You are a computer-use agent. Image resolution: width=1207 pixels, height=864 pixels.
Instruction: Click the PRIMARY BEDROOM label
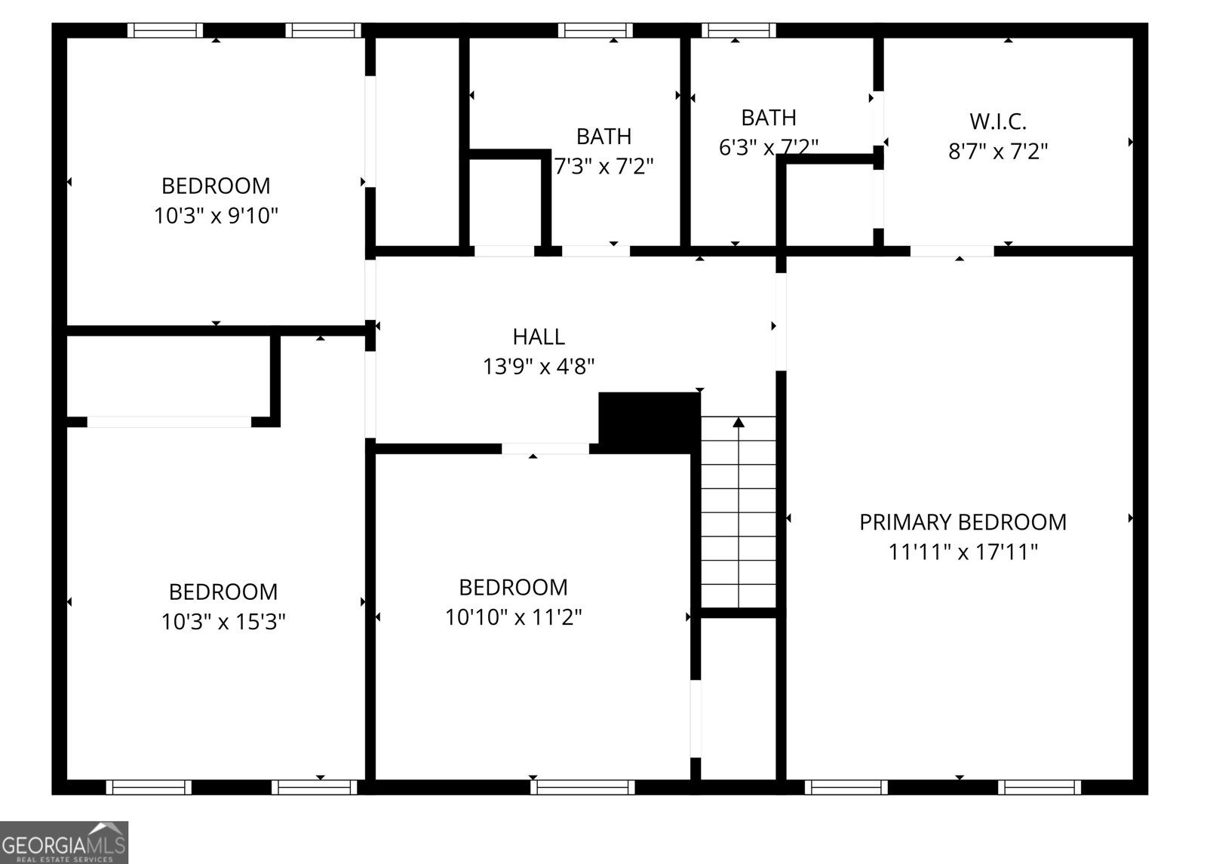[963, 522]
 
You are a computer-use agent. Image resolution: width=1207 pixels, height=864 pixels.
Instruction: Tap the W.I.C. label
[997, 121]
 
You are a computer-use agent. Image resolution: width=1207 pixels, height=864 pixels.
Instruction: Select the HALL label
[539, 337]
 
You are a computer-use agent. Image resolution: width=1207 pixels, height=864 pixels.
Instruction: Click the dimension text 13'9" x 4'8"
[539, 367]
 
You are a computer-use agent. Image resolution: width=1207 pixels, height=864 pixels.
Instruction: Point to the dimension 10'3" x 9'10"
[217, 217]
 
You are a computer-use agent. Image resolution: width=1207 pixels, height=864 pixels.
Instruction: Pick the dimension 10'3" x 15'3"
[223, 622]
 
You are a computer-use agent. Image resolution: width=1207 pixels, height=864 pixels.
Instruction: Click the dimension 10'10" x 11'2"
[514, 617]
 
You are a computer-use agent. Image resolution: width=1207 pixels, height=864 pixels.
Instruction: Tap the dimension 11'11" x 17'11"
[963, 552]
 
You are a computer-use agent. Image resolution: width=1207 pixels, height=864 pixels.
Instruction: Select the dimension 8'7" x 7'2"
[997, 152]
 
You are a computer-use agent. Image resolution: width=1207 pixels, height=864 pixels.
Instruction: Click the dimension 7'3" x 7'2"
[604, 166]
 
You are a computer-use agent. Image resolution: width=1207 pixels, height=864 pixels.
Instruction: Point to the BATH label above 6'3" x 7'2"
[769, 118]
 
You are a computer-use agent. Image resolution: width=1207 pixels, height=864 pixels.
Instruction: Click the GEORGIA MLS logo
[63, 842]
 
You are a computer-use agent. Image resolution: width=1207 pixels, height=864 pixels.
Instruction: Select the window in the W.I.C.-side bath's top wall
[738, 30]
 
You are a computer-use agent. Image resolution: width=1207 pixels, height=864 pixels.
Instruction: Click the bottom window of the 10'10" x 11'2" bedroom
[582, 788]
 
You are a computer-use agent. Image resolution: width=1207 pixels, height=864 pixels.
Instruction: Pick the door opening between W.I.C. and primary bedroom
[952, 251]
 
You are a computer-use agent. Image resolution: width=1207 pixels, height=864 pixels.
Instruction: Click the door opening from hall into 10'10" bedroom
[545, 449]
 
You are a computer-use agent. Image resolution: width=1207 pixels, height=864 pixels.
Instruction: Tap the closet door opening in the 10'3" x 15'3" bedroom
[169, 422]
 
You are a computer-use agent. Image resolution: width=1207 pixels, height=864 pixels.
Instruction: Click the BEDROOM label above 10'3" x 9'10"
[216, 186]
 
